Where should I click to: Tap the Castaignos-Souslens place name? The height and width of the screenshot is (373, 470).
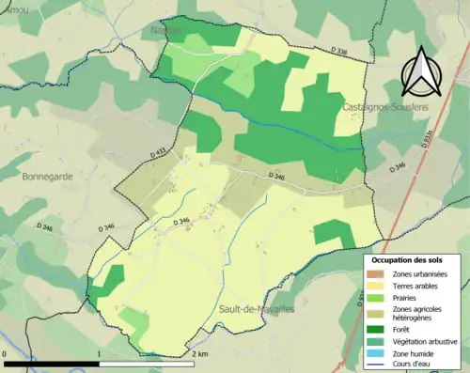[x=376, y=109]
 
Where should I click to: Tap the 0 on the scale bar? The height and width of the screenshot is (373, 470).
[x=6, y=354]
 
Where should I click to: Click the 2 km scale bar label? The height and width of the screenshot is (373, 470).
[x=198, y=354]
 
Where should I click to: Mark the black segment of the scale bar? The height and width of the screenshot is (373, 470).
[x=53, y=364]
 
